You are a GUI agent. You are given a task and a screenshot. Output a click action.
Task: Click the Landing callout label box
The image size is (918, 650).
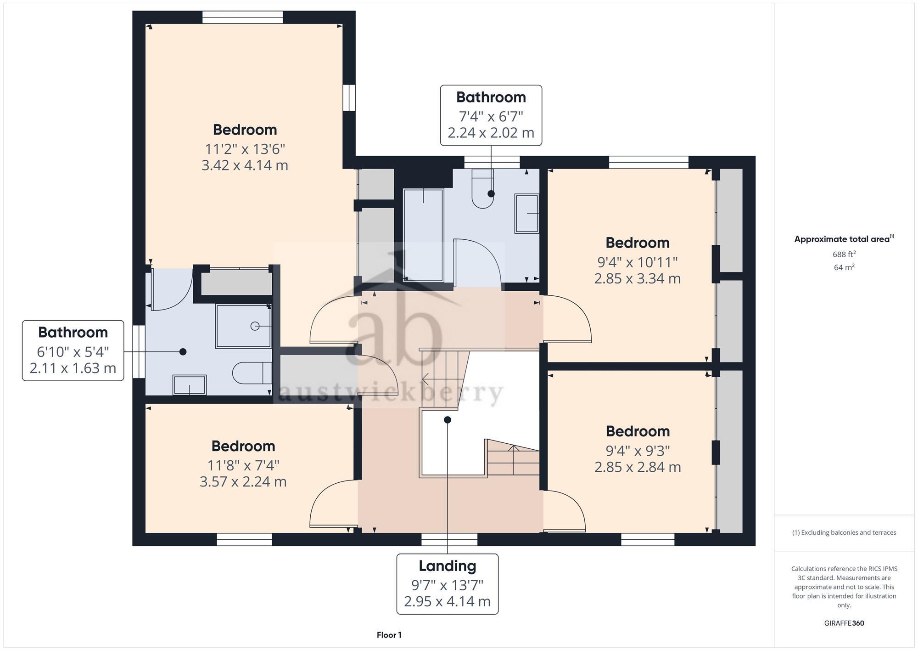(x=447, y=583)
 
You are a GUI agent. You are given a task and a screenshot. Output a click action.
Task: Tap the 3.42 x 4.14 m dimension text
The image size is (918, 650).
(x=245, y=165)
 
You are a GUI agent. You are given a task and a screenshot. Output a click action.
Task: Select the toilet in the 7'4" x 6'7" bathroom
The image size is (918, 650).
(x=482, y=191)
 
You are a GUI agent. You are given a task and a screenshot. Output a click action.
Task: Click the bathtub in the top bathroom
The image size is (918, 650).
(x=423, y=234)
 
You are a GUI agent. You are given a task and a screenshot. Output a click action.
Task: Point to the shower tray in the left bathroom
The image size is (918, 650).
(x=243, y=326)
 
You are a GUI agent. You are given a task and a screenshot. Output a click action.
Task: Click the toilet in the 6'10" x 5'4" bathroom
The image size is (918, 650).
(x=252, y=373)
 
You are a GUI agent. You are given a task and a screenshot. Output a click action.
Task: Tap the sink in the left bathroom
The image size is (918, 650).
(x=189, y=385)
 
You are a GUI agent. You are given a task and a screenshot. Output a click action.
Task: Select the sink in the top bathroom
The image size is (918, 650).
(x=527, y=214)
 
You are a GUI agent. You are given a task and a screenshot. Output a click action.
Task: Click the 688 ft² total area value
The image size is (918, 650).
(x=844, y=254)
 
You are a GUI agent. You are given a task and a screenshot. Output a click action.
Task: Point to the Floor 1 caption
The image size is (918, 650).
(x=389, y=635)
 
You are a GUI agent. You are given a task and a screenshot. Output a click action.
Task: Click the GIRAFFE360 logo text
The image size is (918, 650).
(x=844, y=623)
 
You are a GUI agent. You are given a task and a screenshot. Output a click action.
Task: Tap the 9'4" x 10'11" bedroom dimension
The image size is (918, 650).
(x=637, y=262)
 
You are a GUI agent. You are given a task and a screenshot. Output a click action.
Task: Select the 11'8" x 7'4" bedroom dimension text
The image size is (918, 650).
(x=243, y=465)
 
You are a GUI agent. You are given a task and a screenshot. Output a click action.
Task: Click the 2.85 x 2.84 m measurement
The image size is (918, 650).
(x=637, y=467)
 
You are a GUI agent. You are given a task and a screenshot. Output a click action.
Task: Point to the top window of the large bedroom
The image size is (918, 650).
(x=242, y=17)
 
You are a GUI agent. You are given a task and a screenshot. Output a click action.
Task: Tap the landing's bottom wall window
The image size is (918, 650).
(x=449, y=539)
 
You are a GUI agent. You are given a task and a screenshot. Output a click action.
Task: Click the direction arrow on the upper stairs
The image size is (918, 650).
(x=425, y=379)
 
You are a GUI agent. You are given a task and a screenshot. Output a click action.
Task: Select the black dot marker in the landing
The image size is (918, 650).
(x=448, y=420)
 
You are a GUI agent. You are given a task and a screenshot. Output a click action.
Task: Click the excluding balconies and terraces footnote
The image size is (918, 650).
(x=844, y=533)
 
